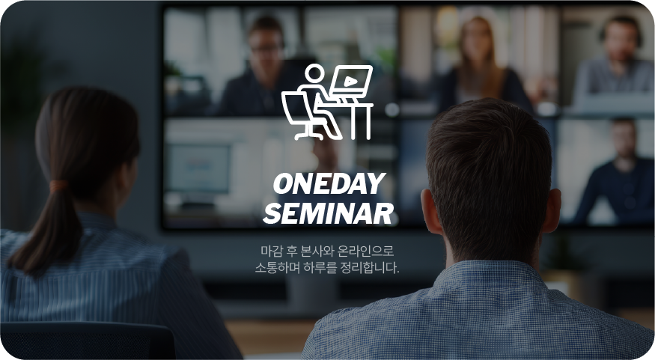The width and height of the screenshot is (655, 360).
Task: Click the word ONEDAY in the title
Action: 329,184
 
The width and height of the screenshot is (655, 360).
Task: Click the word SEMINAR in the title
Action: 329,213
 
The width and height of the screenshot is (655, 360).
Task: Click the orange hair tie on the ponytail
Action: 58,186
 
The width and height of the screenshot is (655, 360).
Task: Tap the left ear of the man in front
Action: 430,211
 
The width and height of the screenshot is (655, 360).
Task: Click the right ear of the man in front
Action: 552,210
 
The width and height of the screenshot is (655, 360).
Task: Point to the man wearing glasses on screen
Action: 263,67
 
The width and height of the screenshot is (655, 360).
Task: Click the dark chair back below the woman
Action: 87,341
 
